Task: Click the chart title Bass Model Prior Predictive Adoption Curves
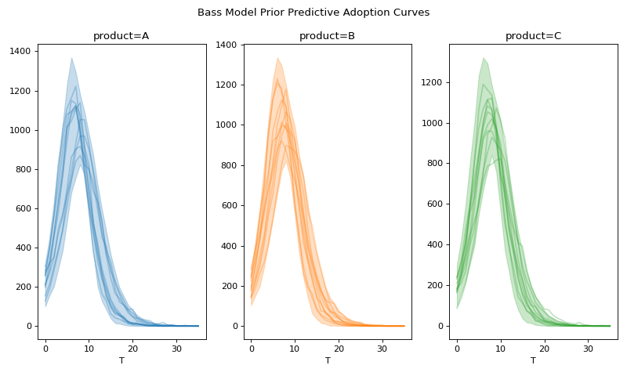[313, 13]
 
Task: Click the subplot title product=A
[121, 36]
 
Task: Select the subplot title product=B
[327, 36]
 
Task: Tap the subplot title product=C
[533, 36]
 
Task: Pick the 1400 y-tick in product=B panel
[226, 45]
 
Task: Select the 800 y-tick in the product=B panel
[229, 165]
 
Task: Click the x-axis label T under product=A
[121, 360]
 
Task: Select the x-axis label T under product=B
[328, 360]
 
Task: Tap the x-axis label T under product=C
[533, 360]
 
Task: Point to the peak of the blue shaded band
[71, 58]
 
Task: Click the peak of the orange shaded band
[277, 57]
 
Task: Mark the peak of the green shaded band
[484, 57]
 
